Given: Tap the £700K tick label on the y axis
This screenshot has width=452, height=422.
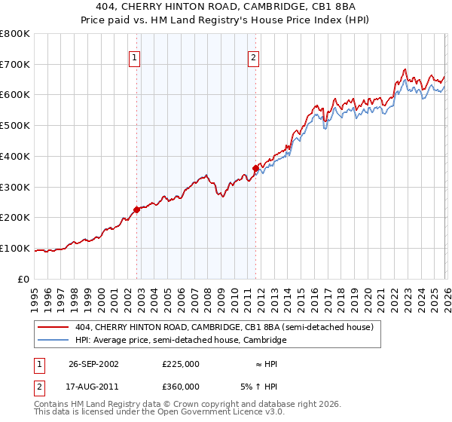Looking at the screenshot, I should (x=15, y=65).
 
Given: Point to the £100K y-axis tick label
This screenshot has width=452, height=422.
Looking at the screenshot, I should (x=15, y=248).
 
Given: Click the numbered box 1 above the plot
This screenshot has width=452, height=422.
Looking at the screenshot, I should (x=134, y=57).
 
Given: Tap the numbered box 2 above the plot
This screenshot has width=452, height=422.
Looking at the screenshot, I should (x=253, y=57).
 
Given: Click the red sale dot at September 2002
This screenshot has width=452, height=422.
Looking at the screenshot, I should (x=137, y=209).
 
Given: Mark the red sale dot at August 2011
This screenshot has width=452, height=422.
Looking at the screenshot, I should (x=256, y=168).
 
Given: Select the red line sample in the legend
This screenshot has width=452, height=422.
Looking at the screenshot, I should (x=54, y=327).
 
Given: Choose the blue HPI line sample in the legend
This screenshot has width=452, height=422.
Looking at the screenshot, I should (x=54, y=341).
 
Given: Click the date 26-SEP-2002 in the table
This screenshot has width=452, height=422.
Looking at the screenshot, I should (x=93, y=364).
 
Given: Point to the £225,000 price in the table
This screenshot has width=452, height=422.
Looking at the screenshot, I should (x=180, y=364).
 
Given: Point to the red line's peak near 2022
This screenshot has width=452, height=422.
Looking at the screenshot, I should (x=405, y=70).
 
